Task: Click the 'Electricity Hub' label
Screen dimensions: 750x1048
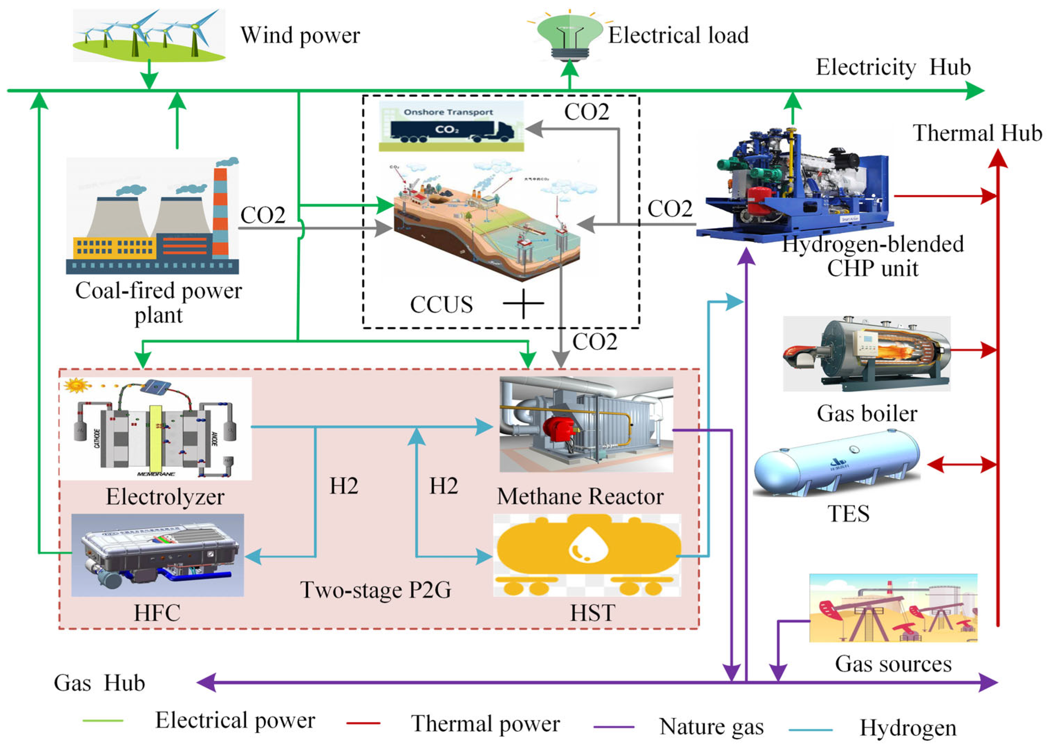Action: tap(893, 67)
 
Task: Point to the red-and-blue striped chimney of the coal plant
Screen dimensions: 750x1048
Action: tap(221, 213)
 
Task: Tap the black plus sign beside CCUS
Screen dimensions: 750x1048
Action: tap(523, 304)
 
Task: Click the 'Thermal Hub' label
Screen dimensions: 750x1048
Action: tap(977, 133)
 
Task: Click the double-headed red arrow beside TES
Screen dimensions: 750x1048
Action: tap(961, 465)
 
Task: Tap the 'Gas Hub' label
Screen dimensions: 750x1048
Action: tap(99, 683)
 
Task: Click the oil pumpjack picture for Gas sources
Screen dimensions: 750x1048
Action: tap(893, 608)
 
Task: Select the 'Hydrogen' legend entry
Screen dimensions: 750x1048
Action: tap(907, 728)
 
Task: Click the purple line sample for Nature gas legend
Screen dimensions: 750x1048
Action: tap(613, 727)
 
